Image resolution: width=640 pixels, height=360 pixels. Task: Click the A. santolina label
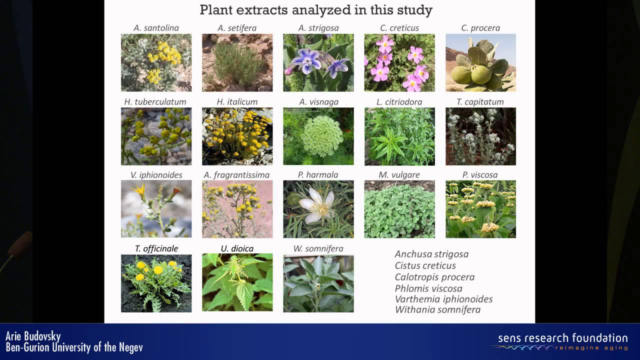pyautogui.click(x=156, y=28)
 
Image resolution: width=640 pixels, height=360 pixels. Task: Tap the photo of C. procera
pyautogui.click(x=480, y=62)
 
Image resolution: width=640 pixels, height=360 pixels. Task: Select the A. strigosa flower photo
pyautogui.click(x=318, y=62)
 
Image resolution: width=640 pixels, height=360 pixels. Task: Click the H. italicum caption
pyautogui.click(x=237, y=101)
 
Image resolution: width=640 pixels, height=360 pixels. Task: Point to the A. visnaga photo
pyautogui.click(x=318, y=136)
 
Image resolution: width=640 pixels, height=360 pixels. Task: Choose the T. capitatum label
pyautogui.click(x=480, y=102)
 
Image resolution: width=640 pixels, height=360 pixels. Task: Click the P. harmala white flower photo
pyautogui.click(x=318, y=209)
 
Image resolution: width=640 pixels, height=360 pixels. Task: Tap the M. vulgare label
pyautogui.click(x=399, y=175)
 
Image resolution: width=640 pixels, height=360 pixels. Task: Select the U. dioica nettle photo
pyautogui.click(x=237, y=282)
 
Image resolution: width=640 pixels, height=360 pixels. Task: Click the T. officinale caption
pyautogui.click(x=156, y=248)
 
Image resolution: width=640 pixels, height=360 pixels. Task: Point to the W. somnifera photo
pyautogui.click(x=318, y=283)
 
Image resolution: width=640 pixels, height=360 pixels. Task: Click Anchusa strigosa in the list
pyautogui.click(x=431, y=254)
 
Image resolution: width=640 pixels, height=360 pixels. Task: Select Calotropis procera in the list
pyautogui.click(x=434, y=277)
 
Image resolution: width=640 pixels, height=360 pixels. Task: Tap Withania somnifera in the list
pyautogui.click(x=437, y=309)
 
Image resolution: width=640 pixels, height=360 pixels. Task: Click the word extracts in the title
pyautogui.click(x=261, y=10)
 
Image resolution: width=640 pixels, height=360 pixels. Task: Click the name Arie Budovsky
pyautogui.click(x=33, y=336)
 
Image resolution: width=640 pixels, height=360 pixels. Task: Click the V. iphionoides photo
pyautogui.click(x=156, y=209)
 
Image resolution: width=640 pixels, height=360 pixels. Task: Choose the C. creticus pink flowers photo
pyautogui.click(x=399, y=62)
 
